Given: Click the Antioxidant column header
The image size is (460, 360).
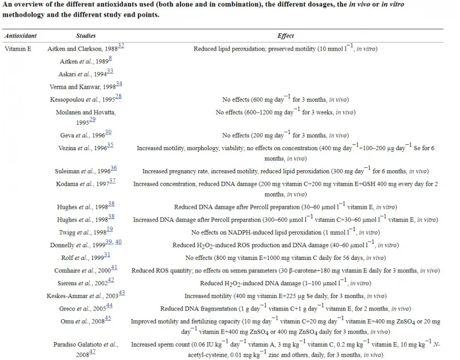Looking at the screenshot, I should tap(20, 36).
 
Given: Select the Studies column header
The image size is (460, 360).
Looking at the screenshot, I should tap(86, 36).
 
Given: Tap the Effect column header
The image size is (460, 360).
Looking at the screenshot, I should tap(286, 36).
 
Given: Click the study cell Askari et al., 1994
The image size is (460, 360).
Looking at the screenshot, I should tap(86, 74).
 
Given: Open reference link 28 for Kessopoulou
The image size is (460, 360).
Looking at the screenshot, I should tap(118, 96).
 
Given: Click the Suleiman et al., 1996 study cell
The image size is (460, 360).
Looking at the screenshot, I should tap(86, 171).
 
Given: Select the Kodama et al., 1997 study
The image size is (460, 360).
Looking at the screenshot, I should tap(86, 184).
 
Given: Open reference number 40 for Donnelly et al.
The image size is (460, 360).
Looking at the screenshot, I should tap(118, 242).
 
